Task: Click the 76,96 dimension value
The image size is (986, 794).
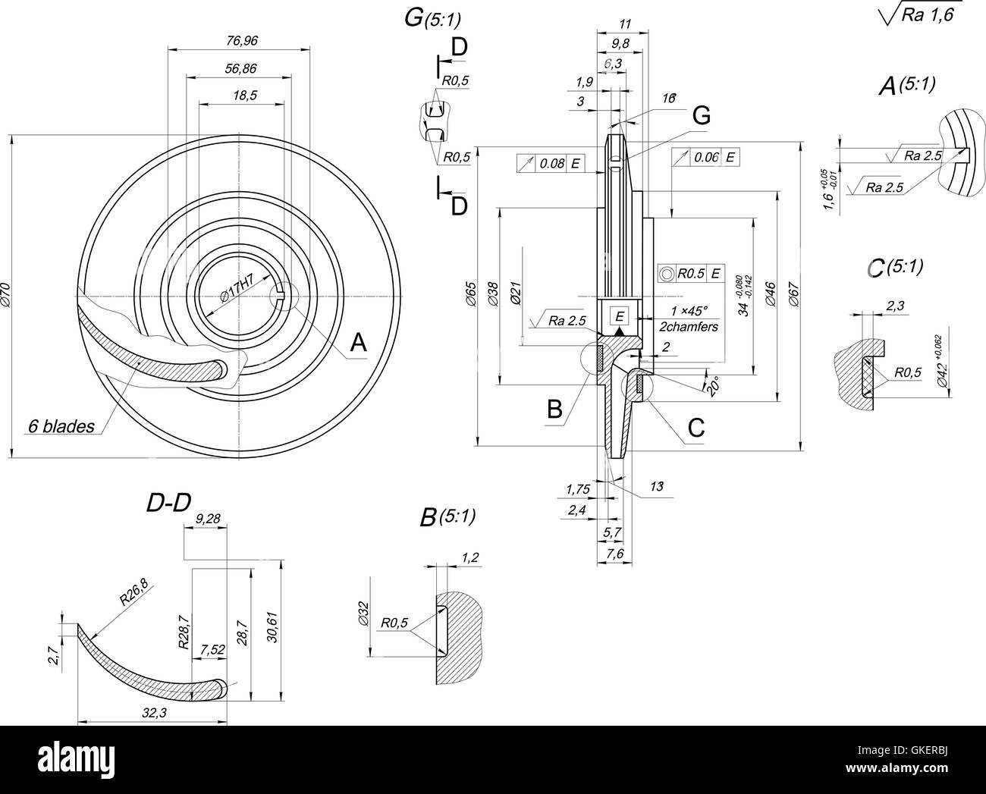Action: click(239, 39)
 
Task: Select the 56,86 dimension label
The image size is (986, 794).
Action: click(240, 68)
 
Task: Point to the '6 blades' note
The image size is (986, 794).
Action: click(61, 426)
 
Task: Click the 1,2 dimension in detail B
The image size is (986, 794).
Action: click(469, 558)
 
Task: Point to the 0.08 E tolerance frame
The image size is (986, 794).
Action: click(551, 163)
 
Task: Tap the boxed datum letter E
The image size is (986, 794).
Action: click(620, 315)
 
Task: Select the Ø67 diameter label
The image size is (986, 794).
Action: click(793, 293)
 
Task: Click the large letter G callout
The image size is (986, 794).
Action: click(702, 116)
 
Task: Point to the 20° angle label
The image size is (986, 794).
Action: click(711, 384)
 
